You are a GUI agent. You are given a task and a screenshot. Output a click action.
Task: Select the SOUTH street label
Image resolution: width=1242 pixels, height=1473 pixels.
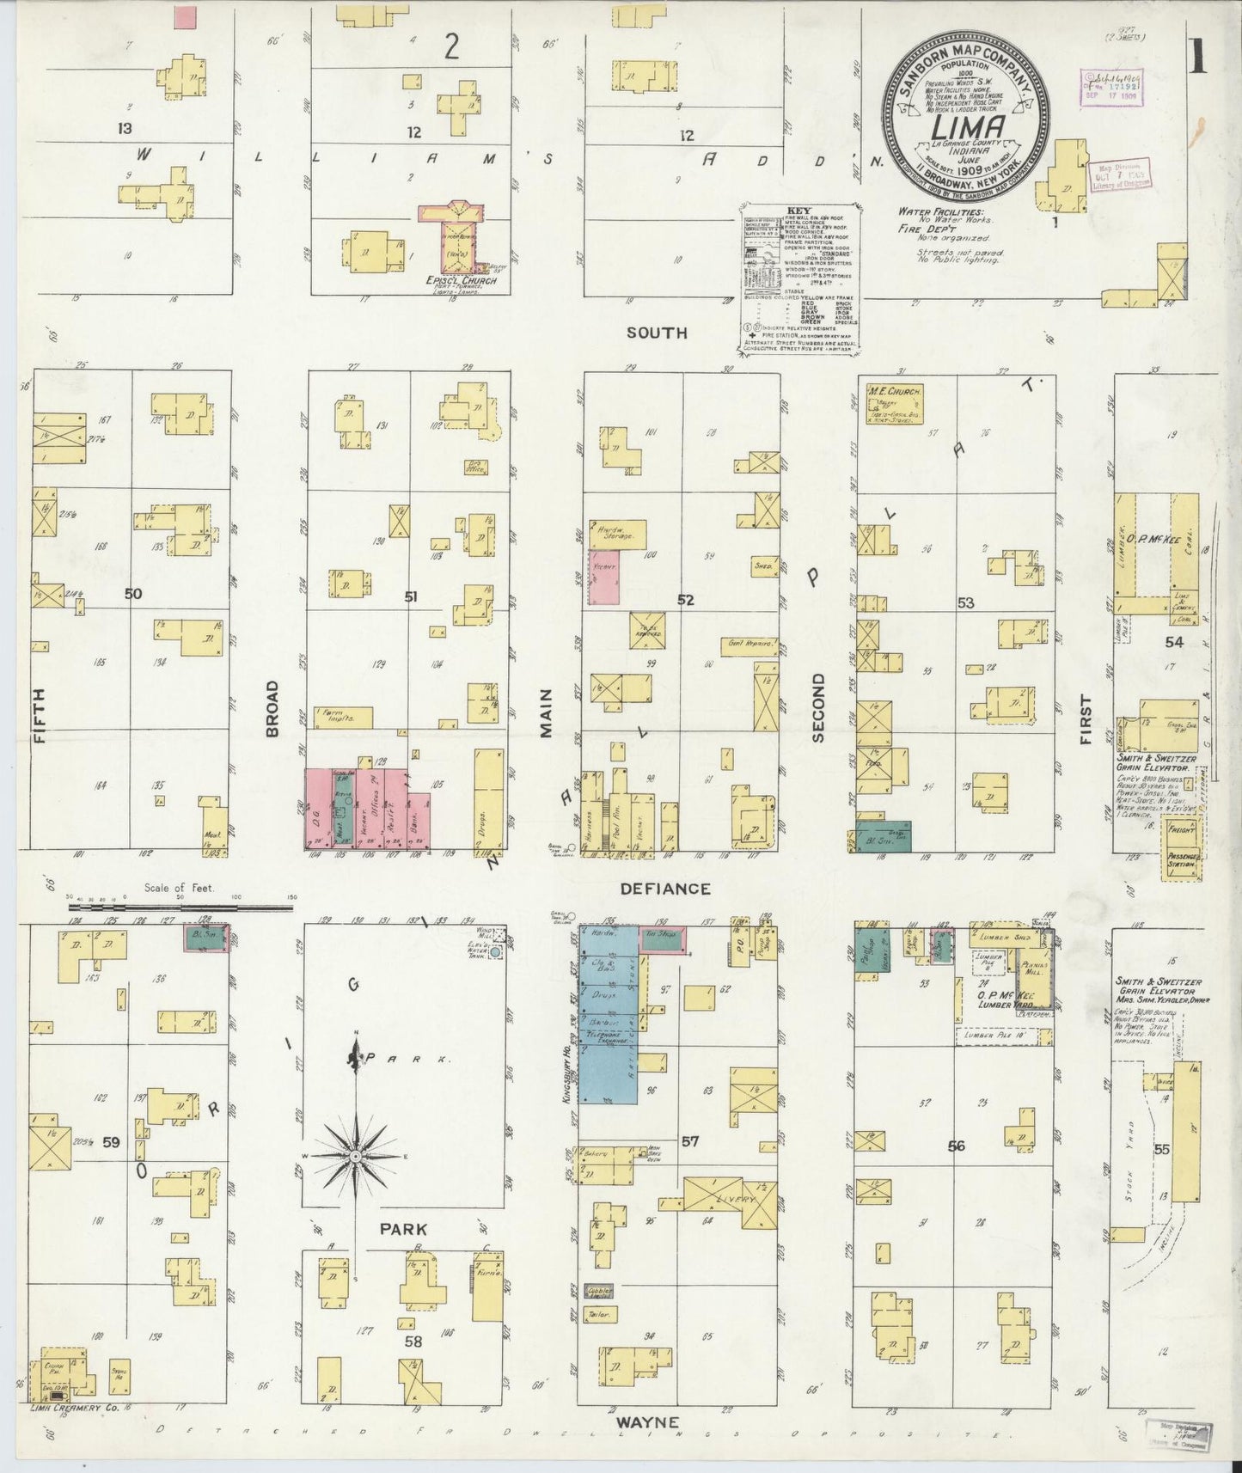[656, 333]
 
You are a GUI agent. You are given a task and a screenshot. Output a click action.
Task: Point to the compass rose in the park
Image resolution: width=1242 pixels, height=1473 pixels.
[354, 1156]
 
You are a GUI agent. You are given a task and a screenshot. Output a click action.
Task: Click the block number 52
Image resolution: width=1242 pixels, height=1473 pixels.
[685, 600]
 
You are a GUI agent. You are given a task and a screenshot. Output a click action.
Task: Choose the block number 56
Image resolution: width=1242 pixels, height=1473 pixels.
[956, 1146]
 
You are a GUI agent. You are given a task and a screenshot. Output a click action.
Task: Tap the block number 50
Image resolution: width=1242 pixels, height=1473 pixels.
[132, 593]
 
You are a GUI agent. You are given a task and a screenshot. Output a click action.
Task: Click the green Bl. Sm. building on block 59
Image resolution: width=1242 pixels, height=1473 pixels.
[206, 937]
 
